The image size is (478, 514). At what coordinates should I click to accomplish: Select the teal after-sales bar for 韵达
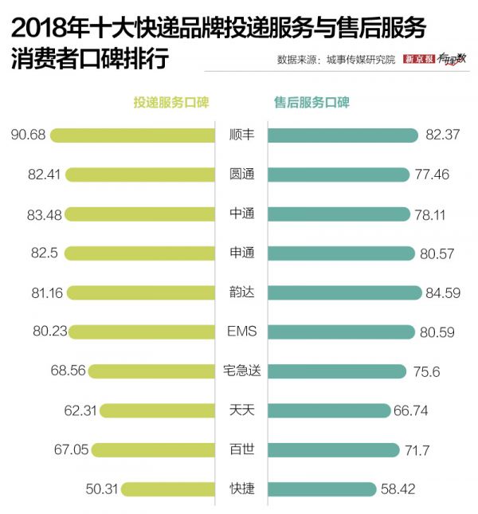[343, 292]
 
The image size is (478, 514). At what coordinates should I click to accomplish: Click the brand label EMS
[241, 332]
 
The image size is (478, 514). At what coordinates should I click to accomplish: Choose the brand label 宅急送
[241, 371]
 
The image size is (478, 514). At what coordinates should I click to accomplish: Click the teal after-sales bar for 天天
[327, 410]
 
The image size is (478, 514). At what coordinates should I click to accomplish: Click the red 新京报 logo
[420, 59]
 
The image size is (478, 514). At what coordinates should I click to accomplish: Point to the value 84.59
[443, 292]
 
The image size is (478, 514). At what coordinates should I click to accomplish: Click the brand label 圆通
[241, 174]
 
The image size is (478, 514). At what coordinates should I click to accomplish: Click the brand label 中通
[241, 214]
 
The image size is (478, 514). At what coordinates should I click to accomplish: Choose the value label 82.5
[41, 253]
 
